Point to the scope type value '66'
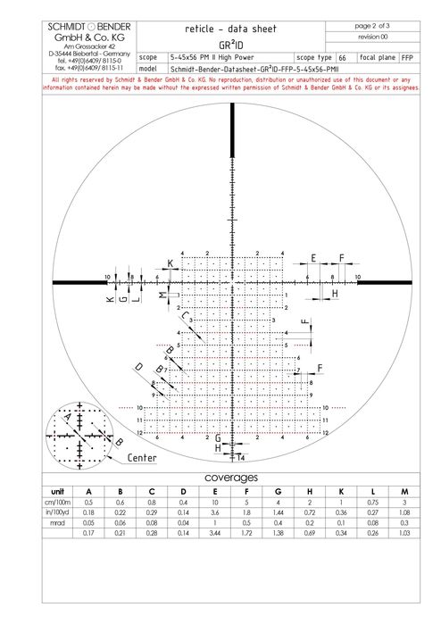[343, 56]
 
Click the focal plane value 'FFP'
[406, 56]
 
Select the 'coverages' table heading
[231, 478]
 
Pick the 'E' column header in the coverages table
[215, 491]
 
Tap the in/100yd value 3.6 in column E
[215, 514]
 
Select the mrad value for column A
[88, 526]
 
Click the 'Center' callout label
[142, 457]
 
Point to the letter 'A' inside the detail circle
[66, 416]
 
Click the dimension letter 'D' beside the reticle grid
[139, 367]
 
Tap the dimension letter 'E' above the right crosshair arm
[312, 257]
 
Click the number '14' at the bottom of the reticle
[241, 458]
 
